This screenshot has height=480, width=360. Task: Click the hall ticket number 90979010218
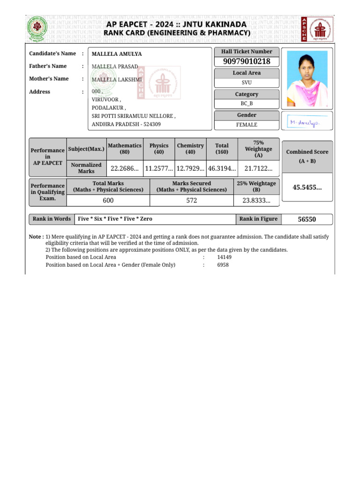[247, 62]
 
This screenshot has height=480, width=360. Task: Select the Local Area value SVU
[247, 83]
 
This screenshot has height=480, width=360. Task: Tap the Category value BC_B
[247, 104]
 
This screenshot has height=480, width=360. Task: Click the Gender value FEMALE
[247, 125]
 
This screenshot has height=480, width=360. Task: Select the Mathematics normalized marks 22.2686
[124, 169]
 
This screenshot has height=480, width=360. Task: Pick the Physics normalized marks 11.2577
[159, 169]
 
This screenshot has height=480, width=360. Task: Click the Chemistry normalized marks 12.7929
[190, 169]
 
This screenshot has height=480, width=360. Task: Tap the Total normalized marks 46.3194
[222, 169]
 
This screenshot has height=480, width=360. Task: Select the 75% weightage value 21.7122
[258, 169]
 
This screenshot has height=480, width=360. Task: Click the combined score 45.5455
[307, 187]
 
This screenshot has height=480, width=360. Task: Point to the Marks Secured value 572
[191, 201]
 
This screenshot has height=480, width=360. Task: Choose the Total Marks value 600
[108, 201]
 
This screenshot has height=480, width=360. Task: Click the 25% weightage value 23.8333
[256, 201]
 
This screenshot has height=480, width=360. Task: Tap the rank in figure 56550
[307, 219]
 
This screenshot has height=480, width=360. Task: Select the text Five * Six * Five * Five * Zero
[115, 219]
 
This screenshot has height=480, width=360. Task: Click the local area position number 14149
[224, 257]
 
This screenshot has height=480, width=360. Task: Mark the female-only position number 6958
[223, 265]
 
